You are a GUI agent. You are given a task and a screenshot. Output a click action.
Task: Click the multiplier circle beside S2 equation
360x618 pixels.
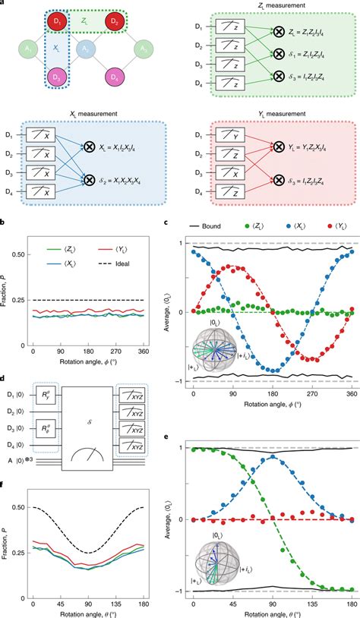click(x=89, y=182)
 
